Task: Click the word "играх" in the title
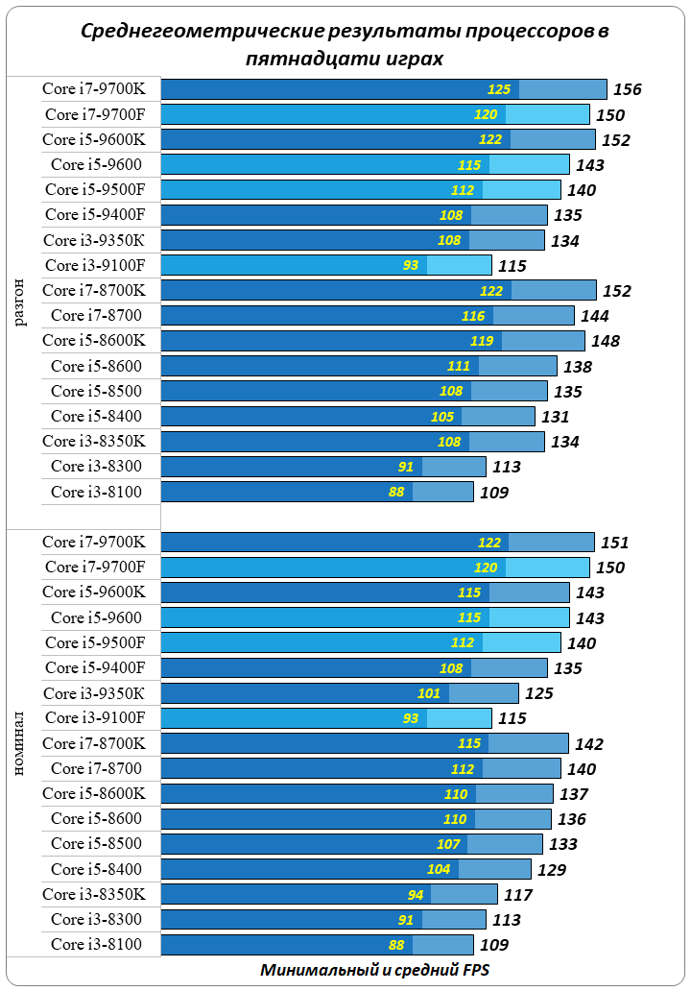click(x=417, y=58)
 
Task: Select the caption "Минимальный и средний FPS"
click(x=375, y=970)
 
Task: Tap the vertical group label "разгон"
click(x=21, y=303)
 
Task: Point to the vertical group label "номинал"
click(x=21, y=742)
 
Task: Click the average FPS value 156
click(x=627, y=90)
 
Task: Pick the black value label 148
click(x=606, y=341)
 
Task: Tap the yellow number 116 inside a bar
click(x=473, y=316)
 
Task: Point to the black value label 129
click(x=552, y=870)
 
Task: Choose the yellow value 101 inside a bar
click(x=429, y=693)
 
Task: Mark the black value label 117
click(x=518, y=895)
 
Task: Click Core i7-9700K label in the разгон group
click(x=94, y=89)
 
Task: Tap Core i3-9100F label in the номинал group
click(x=95, y=717)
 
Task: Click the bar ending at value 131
click(x=347, y=416)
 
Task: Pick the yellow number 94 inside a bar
click(x=415, y=895)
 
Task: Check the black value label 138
click(x=578, y=366)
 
